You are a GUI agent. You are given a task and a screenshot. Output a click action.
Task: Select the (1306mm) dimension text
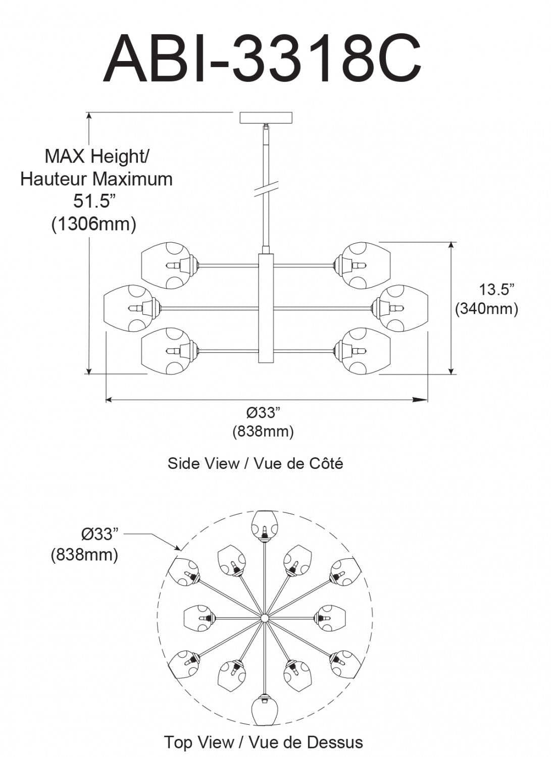pyautogui.click(x=94, y=224)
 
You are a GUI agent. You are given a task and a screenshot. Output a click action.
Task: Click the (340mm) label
pyautogui.click(x=486, y=308)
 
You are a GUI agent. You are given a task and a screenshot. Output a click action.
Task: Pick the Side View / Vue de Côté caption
pyautogui.click(x=255, y=463)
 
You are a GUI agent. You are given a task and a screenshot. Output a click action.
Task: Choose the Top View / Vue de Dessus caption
pyautogui.click(x=263, y=742)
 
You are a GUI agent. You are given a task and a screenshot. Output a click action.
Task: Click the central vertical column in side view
pyautogui.click(x=266, y=308)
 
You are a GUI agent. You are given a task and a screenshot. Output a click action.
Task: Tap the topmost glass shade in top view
pyautogui.click(x=264, y=525)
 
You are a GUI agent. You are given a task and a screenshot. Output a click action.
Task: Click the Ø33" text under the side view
pyautogui.click(x=263, y=413)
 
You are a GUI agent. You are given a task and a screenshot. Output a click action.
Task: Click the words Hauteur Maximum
pyautogui.click(x=96, y=179)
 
